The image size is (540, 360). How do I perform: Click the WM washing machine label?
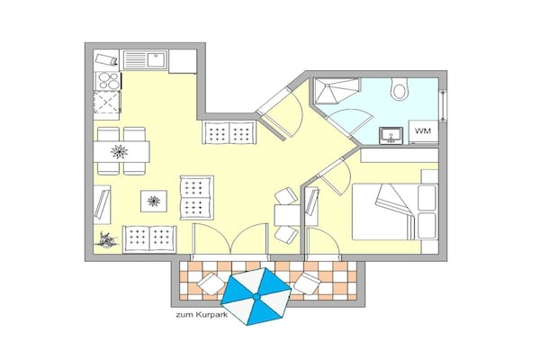pyautogui.click(x=423, y=131)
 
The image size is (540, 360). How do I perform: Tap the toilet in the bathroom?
pyautogui.click(x=399, y=88)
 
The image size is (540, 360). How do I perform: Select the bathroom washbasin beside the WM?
pyautogui.click(x=391, y=135)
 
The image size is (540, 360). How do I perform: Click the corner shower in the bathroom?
pyautogui.click(x=337, y=91)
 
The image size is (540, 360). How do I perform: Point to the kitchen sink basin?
pyautogui.click(x=157, y=59)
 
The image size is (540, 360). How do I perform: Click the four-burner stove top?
pyautogui.click(x=108, y=81)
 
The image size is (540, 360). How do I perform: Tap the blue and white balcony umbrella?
pyautogui.click(x=256, y=296)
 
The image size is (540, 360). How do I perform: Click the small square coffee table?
pyautogui.click(x=154, y=202)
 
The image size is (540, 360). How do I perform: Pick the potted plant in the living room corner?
pyautogui.click(x=107, y=240)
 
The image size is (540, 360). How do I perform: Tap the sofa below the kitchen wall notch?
pyautogui.click(x=229, y=132)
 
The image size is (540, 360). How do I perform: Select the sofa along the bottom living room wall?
pyautogui.click(x=149, y=238)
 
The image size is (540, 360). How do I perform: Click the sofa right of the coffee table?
pyautogui.click(x=196, y=198)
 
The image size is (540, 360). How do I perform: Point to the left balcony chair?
pyautogui.click(x=211, y=283)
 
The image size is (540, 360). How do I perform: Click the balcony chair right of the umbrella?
pyautogui.click(x=307, y=283)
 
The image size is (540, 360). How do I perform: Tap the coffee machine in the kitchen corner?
pyautogui.click(x=106, y=60)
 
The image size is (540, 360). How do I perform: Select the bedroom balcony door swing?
pyautogui.click(x=323, y=241)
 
